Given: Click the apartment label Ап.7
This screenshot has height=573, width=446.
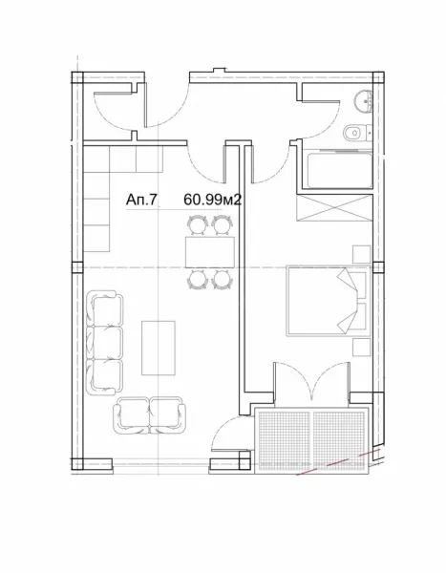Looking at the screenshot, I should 140,200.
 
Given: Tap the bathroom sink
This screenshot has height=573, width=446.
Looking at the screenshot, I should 360,101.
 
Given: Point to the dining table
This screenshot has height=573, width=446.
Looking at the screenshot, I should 209,250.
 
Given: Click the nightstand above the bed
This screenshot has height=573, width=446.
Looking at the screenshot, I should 361,252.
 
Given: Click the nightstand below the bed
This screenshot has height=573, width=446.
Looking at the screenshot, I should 361,346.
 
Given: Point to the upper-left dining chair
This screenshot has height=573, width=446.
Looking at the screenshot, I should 197,224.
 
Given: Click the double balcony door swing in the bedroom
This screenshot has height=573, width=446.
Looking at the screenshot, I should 305,382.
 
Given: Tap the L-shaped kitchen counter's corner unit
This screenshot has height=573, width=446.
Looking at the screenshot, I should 98,159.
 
